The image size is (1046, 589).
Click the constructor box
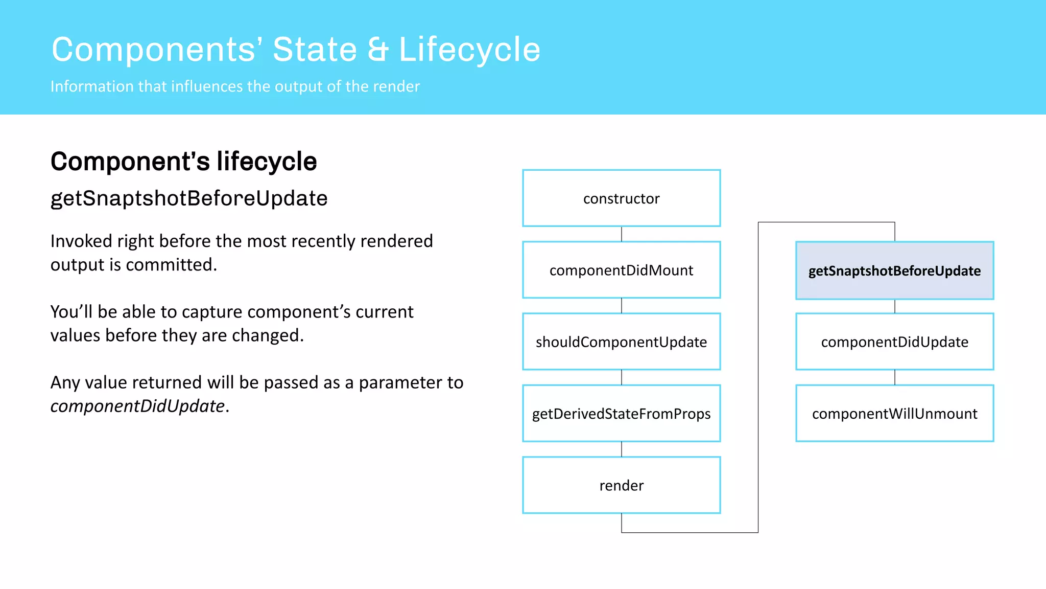(621, 198)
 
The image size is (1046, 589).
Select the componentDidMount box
(621, 270)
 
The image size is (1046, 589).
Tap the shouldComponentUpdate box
(621, 342)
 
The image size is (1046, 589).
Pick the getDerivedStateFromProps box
(621, 413)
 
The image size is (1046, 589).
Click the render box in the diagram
(621, 485)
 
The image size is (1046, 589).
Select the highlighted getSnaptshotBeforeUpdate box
(894, 270)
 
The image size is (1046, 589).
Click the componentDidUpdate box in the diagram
(894, 342)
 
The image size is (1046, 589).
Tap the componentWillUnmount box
(894, 413)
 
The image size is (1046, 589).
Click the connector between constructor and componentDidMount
(622, 234)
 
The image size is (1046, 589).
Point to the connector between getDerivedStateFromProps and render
(622, 449)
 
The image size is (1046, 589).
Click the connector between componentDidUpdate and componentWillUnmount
(895, 377)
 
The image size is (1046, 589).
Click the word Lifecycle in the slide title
(469, 50)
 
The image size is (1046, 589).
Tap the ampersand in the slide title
(378, 50)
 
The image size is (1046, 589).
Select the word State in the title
(315, 50)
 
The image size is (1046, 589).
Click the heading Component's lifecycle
(183, 162)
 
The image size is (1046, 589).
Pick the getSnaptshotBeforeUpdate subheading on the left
(188, 198)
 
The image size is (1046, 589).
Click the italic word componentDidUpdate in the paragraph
(137, 406)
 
